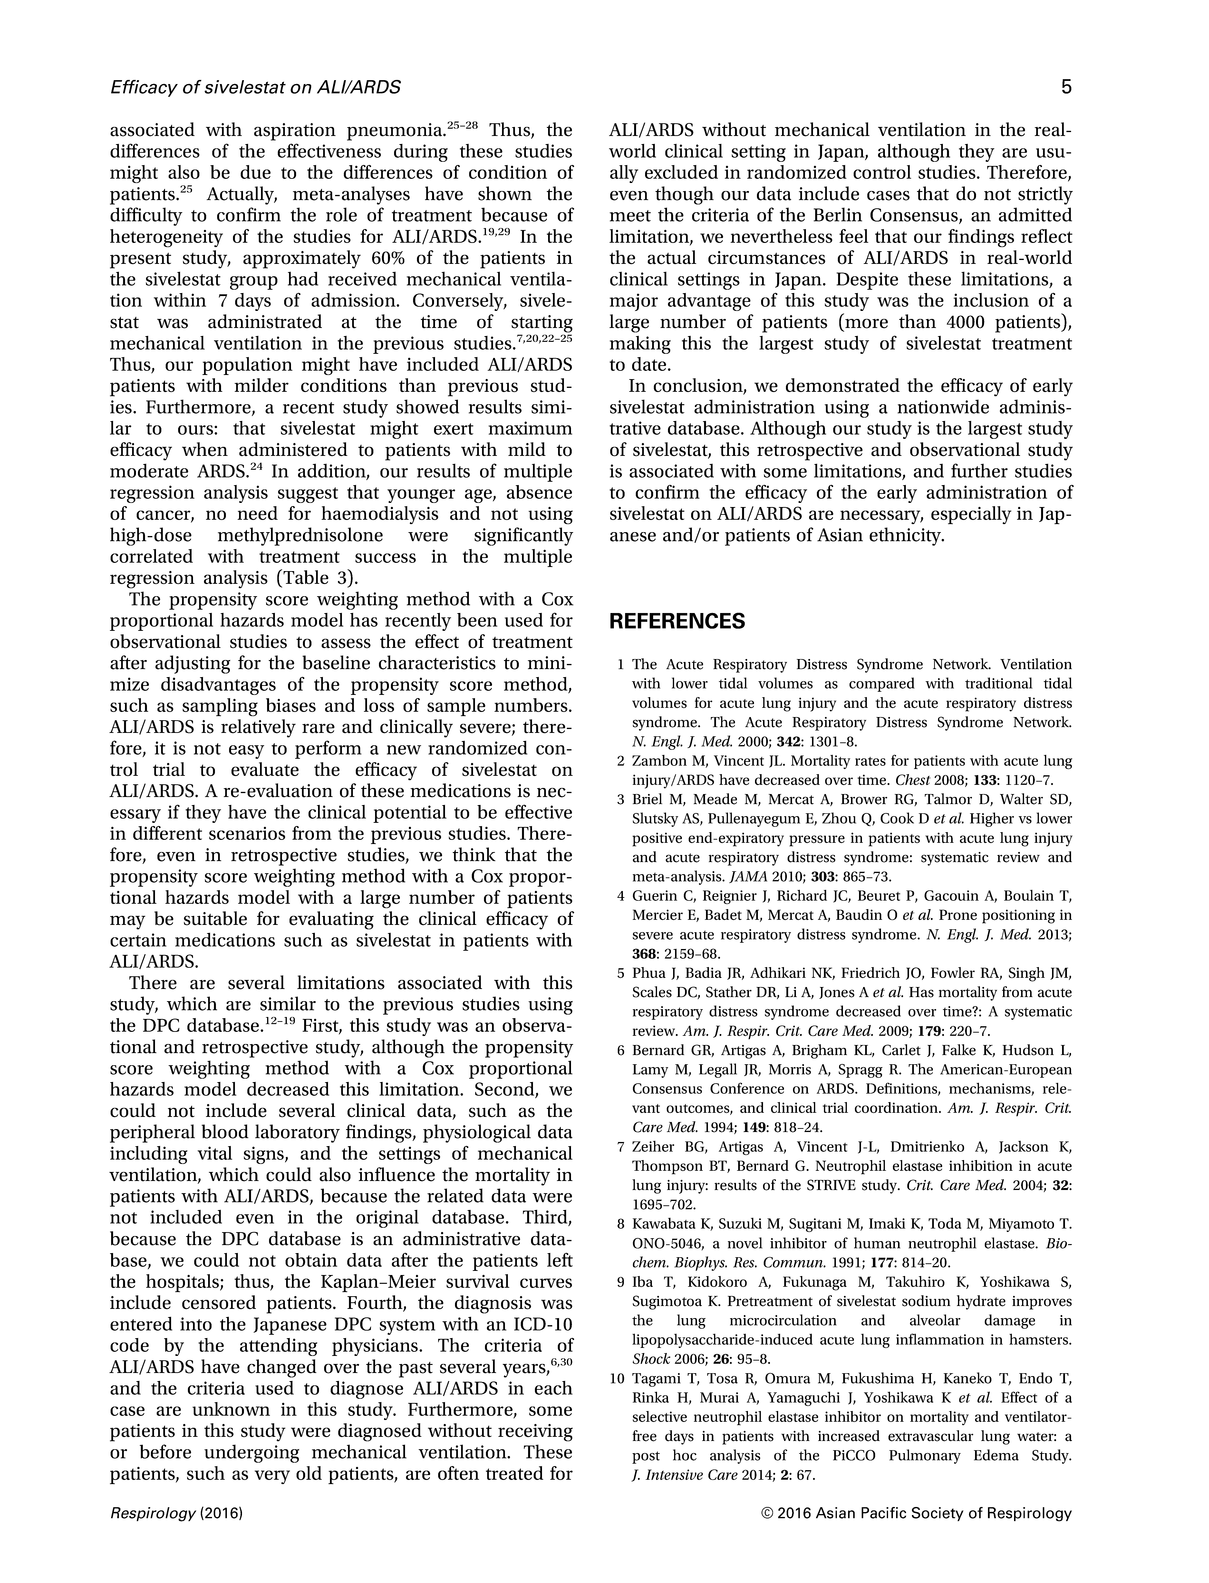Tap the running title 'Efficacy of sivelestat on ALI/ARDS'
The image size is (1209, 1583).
click(x=255, y=88)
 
